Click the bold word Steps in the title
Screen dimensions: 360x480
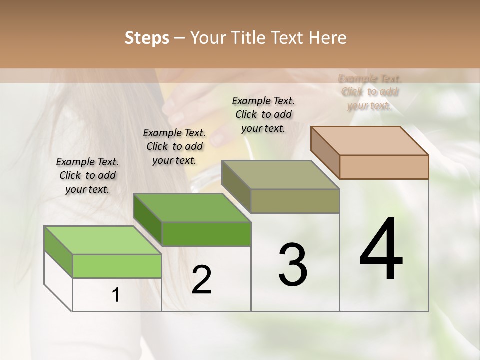click(146, 38)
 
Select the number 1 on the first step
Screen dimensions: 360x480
click(116, 295)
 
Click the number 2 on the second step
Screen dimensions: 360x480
click(201, 280)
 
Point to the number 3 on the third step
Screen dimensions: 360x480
click(293, 265)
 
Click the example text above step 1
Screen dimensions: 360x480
click(87, 175)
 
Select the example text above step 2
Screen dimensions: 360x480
click(174, 146)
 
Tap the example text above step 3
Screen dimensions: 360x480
click(263, 114)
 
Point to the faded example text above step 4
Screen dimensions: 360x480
click(370, 92)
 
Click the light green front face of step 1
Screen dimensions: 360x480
click(117, 266)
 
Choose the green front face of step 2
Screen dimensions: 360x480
click(206, 234)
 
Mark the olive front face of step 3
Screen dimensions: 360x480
click(295, 201)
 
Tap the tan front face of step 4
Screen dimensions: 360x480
click(384, 167)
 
